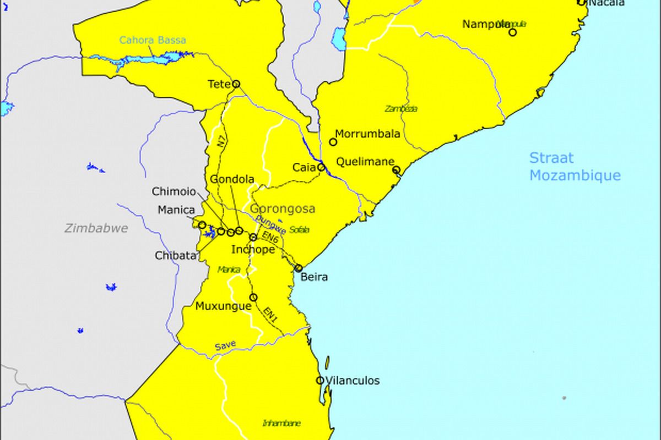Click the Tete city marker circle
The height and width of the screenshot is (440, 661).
click(x=236, y=84)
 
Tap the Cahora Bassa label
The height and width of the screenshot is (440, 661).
click(x=153, y=40)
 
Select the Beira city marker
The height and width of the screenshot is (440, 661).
click(x=299, y=268)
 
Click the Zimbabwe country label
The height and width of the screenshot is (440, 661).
click(x=96, y=228)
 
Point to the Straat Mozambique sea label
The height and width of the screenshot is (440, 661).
click(x=575, y=167)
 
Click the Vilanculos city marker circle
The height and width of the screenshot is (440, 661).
click(x=320, y=380)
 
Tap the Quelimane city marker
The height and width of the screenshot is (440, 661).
click(x=396, y=170)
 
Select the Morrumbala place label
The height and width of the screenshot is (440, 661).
click(x=367, y=134)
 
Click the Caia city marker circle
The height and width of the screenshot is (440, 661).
click(x=321, y=167)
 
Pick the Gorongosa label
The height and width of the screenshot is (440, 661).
click(x=283, y=209)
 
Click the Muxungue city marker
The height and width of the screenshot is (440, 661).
click(x=253, y=298)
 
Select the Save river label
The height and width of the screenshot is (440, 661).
click(x=225, y=345)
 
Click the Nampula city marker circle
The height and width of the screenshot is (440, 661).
click(x=512, y=32)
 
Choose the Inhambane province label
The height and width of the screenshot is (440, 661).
click(x=281, y=424)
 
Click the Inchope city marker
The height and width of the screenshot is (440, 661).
click(x=253, y=238)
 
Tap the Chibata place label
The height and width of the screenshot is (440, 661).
click(x=176, y=256)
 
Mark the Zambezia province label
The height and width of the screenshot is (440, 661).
click(x=401, y=109)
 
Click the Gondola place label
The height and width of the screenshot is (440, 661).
click(x=232, y=179)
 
